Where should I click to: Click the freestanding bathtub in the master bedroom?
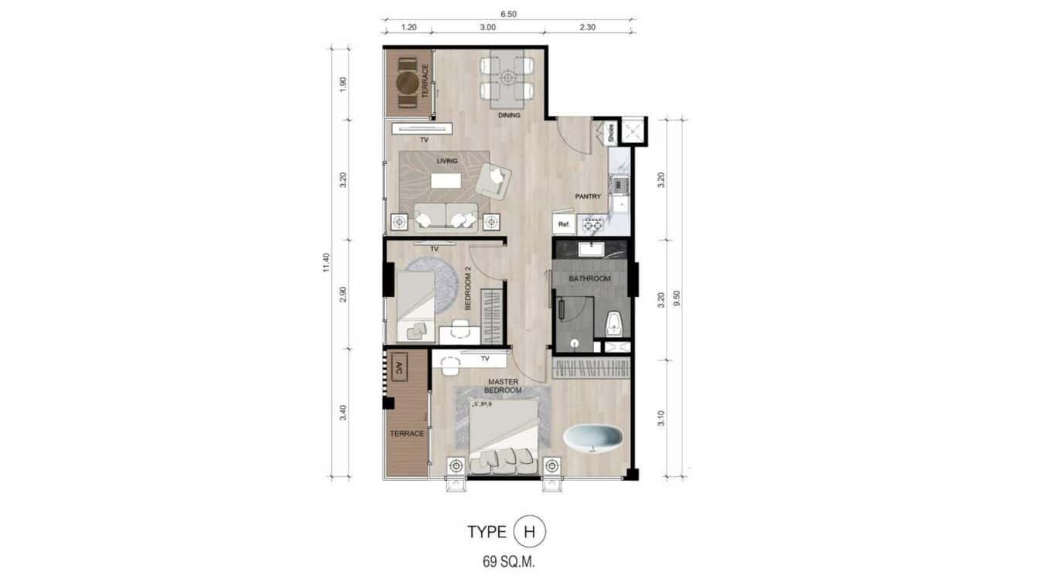click(x=593, y=438)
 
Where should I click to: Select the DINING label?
click(x=509, y=115)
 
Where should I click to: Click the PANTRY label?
click(x=588, y=196)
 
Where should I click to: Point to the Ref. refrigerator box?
click(x=564, y=225)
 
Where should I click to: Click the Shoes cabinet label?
click(x=610, y=133)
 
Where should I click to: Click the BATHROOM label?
click(x=589, y=278)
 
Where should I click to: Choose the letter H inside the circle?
click(x=530, y=532)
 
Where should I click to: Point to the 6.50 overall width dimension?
click(x=508, y=13)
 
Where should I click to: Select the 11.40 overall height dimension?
click(x=326, y=263)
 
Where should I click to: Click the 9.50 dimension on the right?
click(x=678, y=299)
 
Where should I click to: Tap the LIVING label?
click(x=447, y=161)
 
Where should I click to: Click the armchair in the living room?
click(x=493, y=181)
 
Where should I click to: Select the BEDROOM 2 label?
click(x=468, y=289)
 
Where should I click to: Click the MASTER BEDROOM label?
click(x=504, y=386)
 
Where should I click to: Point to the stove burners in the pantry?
click(x=592, y=225)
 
